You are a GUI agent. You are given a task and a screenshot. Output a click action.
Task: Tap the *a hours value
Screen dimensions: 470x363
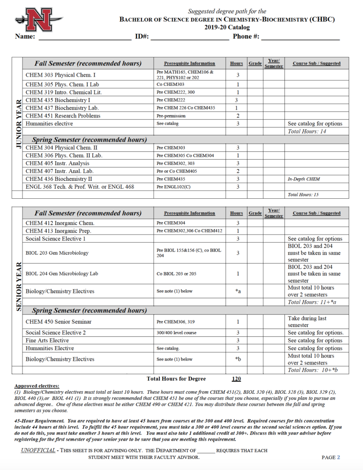(x=238, y=291)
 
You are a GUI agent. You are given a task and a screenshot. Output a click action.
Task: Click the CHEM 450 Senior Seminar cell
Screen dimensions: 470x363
(x=59, y=322)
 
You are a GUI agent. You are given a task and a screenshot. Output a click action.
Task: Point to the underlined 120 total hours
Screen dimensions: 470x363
(x=236, y=379)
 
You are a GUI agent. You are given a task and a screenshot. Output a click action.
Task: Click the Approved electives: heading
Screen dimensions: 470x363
(x=37, y=386)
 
